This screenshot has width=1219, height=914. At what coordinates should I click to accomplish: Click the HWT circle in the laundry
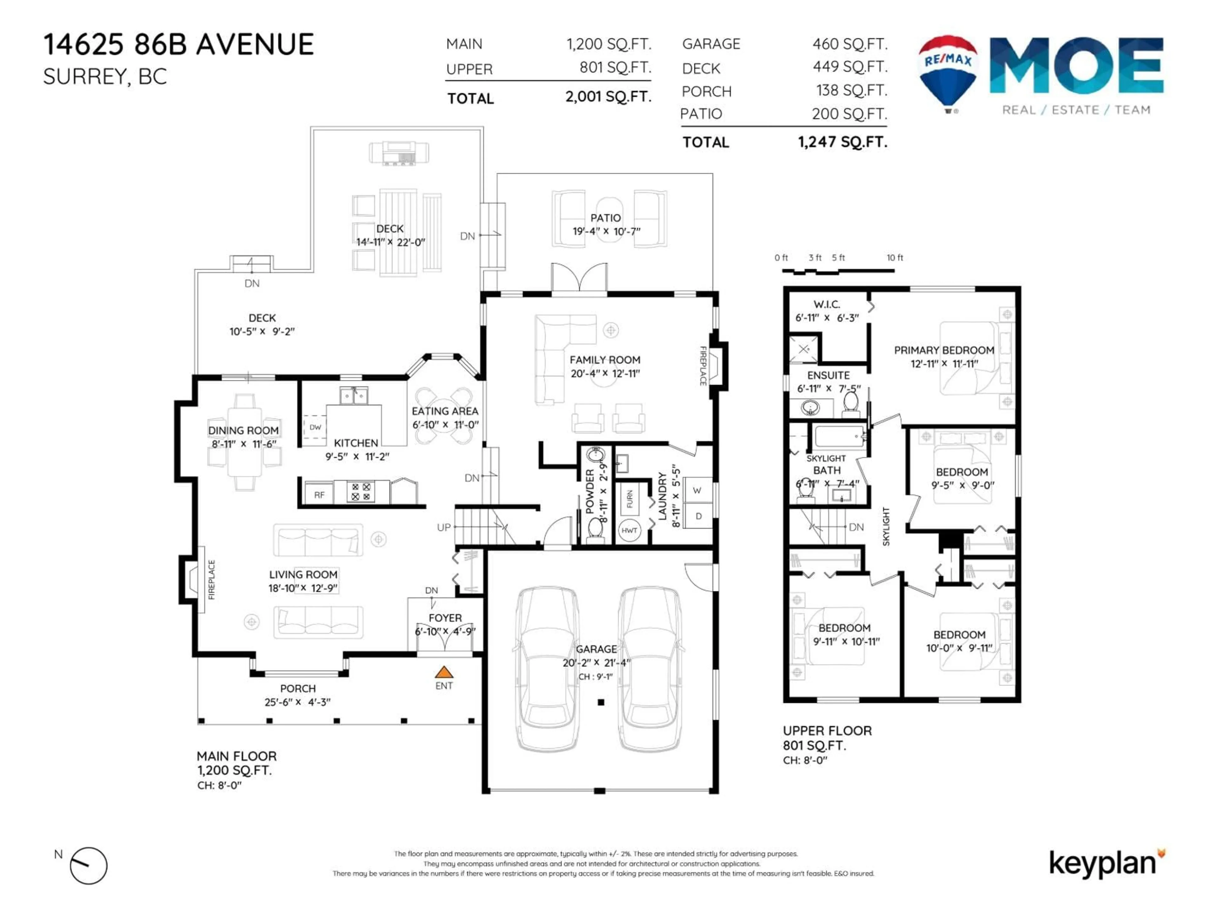629,531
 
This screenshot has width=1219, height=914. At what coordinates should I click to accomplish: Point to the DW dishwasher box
315,427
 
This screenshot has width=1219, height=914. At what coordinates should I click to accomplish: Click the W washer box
697,490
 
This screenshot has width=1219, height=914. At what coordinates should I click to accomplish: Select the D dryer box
698,516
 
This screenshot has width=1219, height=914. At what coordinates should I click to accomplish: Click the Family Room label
604,360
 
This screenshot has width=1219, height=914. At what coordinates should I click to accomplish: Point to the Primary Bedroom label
943,350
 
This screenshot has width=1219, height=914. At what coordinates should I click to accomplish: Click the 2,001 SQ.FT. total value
608,97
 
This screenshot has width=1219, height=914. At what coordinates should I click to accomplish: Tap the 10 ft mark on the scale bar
895,258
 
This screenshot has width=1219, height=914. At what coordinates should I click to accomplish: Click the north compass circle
89,865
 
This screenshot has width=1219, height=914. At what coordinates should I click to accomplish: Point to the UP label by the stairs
443,527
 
